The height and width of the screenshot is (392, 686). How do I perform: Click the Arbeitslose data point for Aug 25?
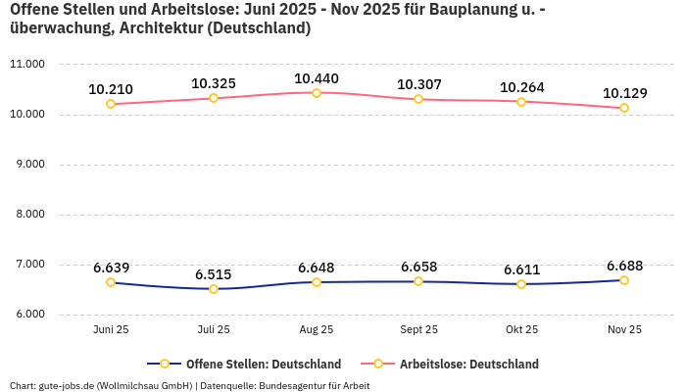pyautogui.click(x=317, y=93)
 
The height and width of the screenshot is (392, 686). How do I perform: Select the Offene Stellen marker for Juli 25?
pyautogui.click(x=214, y=288)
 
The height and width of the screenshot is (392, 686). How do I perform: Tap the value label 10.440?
pyautogui.click(x=317, y=78)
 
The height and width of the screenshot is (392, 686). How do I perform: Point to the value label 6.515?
pyautogui.click(x=214, y=274)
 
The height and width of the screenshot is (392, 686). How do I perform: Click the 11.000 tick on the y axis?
pyautogui.click(x=27, y=65)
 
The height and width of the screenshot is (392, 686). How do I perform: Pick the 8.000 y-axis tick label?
pyautogui.click(x=27, y=215)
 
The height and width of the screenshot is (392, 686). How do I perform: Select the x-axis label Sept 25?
pyautogui.click(x=418, y=330)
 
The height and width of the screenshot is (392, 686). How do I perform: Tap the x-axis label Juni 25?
pyautogui.click(x=111, y=330)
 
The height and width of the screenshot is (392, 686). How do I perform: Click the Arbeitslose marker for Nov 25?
pyautogui.click(x=624, y=108)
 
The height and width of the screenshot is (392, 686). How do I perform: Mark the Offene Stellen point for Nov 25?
pyautogui.click(x=624, y=280)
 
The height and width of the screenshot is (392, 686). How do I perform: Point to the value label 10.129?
pyautogui.click(x=624, y=93)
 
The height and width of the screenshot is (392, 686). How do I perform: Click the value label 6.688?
pyautogui.click(x=624, y=266)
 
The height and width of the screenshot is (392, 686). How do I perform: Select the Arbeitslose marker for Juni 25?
pyautogui.click(x=111, y=104)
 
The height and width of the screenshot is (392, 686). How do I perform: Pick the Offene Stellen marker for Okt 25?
pyautogui.click(x=521, y=284)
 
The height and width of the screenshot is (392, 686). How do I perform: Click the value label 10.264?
pyautogui.click(x=521, y=87)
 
